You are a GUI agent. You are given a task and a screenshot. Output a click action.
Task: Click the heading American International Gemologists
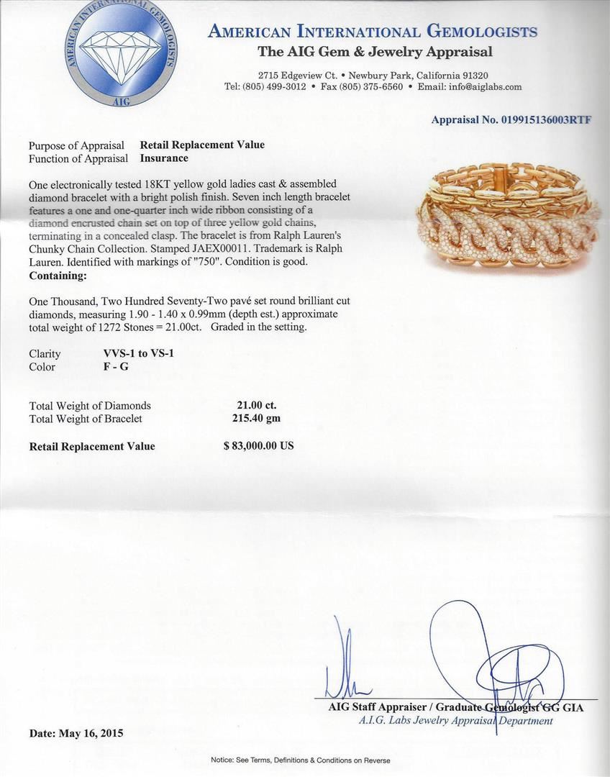pyautogui.click(x=372, y=32)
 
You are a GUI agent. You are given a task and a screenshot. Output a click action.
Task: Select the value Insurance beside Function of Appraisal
pyautogui.click(x=164, y=158)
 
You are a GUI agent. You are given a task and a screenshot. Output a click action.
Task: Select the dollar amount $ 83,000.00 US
pyautogui.click(x=258, y=446)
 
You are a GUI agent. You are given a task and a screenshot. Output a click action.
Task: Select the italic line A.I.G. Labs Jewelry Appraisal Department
pyautogui.click(x=455, y=720)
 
